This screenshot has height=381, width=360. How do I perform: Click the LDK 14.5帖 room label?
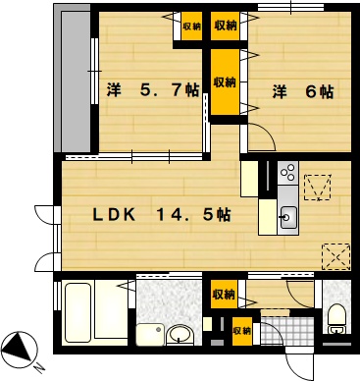click(162, 215)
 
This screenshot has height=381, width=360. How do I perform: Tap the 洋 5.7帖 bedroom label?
click(153, 90)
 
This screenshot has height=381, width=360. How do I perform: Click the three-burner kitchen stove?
click(288, 173)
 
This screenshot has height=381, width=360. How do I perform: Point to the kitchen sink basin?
click(288, 217)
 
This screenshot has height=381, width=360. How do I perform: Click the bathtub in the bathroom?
click(77, 312)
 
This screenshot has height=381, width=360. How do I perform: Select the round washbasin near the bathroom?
click(179, 335)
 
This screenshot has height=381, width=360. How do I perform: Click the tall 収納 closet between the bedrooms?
click(225, 82)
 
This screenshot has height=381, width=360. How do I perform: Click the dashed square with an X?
click(336, 256)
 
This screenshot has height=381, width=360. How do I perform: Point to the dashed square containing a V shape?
click(318, 187)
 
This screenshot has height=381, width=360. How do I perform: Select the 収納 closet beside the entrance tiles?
click(242, 331)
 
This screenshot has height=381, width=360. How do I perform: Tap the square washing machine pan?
click(150, 334)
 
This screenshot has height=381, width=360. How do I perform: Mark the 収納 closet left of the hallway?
click(224, 295)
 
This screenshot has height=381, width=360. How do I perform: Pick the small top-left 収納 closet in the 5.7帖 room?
click(192, 27)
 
